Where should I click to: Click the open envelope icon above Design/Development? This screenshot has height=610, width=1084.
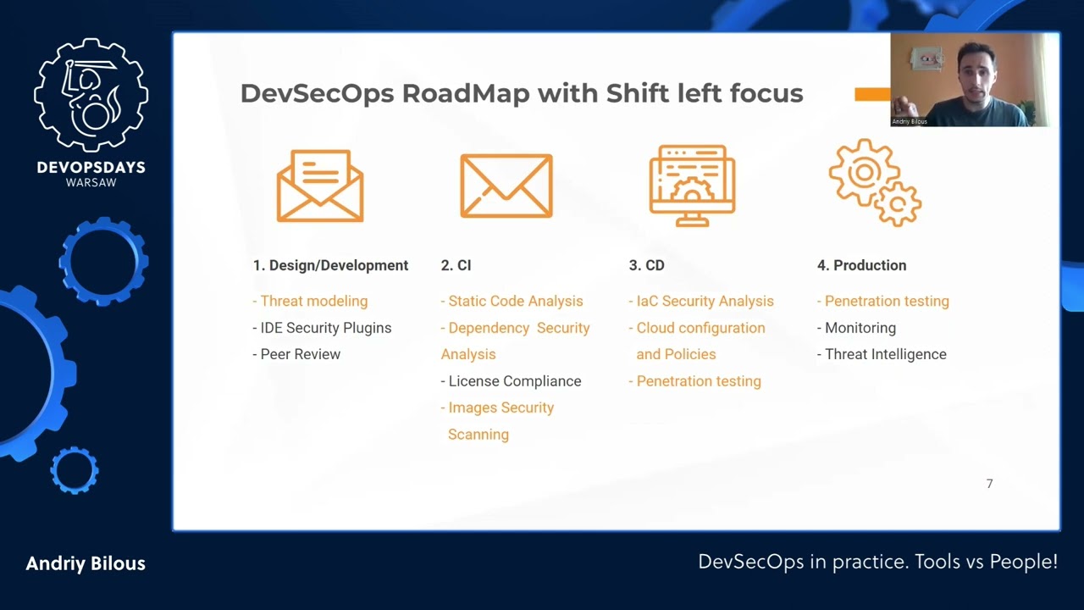point(320,186)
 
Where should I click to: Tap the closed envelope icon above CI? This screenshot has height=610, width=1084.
point(506,186)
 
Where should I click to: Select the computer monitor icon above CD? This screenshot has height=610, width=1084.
point(692,186)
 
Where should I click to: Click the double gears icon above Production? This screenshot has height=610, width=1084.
point(875,182)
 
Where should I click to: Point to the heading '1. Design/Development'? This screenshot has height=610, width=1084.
point(330,265)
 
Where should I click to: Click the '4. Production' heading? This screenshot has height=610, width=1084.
point(861,265)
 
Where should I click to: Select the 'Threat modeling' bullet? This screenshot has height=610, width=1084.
point(310,301)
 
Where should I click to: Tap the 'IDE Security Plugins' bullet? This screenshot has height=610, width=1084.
point(322,328)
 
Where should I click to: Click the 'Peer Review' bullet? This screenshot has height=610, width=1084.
point(296,354)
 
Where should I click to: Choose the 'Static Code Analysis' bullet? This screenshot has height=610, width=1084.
point(512,301)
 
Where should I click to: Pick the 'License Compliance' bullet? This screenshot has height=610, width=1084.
point(511,381)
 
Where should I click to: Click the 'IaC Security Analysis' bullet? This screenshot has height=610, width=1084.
point(701,301)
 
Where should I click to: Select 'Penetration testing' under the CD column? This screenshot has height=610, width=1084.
point(695,381)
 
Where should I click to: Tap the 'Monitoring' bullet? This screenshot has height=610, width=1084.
point(856,328)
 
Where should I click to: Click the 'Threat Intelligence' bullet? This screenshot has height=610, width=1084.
point(882,354)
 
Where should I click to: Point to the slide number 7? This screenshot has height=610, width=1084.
point(990,484)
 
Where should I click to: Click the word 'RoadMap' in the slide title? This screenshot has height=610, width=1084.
point(466,93)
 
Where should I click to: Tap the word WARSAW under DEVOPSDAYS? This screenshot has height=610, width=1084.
point(91,182)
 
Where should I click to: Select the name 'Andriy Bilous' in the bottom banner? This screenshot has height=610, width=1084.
point(86,563)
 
